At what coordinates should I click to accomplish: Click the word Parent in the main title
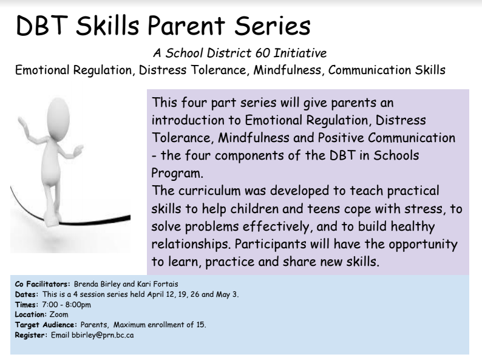(x=186, y=25)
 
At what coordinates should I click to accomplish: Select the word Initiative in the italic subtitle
(x=300, y=53)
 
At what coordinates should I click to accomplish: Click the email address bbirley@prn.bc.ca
(x=103, y=335)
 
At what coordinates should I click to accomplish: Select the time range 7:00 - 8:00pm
(x=66, y=305)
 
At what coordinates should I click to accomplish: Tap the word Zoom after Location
(x=59, y=314)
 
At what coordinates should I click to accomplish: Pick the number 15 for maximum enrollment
(x=201, y=325)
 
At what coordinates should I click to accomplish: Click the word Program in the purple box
(x=177, y=173)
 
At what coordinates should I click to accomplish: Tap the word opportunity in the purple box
(x=423, y=245)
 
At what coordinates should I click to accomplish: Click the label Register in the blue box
(x=30, y=335)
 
